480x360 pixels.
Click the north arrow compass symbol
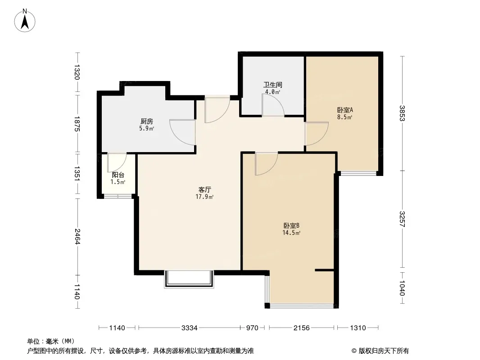[25, 21]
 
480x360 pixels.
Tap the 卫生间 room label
[272, 85]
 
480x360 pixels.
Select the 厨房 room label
[147, 121]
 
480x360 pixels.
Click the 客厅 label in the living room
[204, 189]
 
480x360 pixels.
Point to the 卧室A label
[345, 110]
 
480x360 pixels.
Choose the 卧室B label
[291, 226]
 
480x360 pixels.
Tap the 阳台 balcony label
[118, 175]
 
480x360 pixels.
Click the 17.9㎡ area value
[204, 197]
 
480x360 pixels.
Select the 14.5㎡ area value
[291, 233]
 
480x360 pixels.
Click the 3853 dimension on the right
[402, 113]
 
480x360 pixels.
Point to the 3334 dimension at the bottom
[190, 328]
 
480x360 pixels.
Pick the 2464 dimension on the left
[77, 236]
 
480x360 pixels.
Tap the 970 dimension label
[252, 328]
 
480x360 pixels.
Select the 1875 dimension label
[77, 124]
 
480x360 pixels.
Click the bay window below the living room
[189, 279]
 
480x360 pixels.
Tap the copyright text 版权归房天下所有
[384, 351]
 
